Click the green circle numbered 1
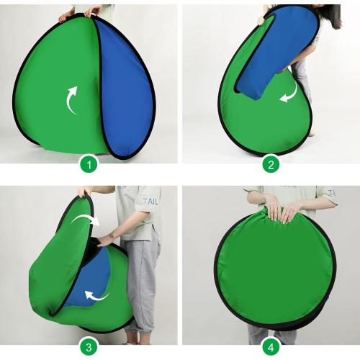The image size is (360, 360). (x=89, y=164)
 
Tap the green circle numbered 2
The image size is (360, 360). (x=271, y=164)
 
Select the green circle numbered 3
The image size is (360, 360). (x=89, y=347)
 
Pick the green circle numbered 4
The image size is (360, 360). (x=271, y=347)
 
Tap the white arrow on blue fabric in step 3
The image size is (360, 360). (x=95, y=294)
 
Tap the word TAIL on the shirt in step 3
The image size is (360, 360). (x=151, y=202)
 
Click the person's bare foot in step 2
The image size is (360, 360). (x=310, y=133)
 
